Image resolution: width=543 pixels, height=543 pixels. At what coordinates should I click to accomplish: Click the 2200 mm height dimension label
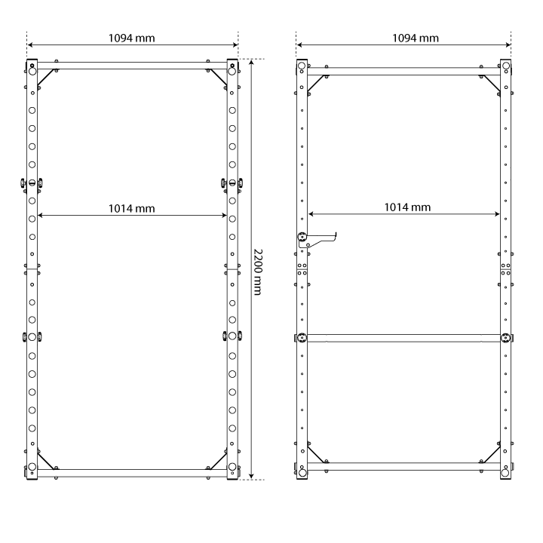click(258, 271)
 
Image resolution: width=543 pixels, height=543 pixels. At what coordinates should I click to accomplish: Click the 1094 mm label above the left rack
click(131, 38)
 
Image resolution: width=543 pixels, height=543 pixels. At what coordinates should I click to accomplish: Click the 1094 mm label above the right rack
click(416, 38)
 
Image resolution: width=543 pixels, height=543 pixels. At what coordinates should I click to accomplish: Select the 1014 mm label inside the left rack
click(131, 208)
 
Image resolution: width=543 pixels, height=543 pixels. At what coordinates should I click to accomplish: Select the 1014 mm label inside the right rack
click(407, 207)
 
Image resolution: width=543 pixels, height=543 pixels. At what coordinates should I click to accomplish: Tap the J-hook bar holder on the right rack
click(316, 240)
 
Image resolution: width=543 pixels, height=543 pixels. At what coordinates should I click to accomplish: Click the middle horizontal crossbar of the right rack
click(403, 338)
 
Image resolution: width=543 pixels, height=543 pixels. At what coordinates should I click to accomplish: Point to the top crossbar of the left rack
click(132, 66)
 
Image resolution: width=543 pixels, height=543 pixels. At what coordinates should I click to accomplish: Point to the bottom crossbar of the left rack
click(132, 473)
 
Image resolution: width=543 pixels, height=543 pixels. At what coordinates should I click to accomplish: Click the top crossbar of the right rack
click(403, 72)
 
